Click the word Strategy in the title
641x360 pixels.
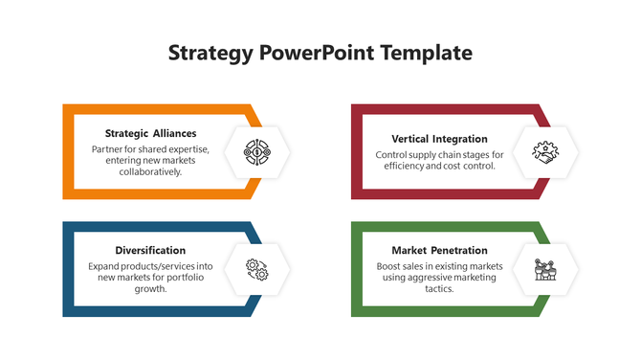coord(210,53)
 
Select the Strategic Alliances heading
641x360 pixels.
coord(150,133)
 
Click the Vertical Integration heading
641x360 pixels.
coord(439,139)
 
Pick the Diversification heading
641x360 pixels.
coord(150,250)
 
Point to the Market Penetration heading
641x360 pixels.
coord(439,250)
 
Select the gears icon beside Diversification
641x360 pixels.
coord(256,269)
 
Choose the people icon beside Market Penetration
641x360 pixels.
coord(545,269)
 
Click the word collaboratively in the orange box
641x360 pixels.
coord(150,172)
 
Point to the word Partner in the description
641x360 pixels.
coord(107,149)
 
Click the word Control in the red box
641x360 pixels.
coord(392,154)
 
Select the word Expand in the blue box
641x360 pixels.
coord(105,265)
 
